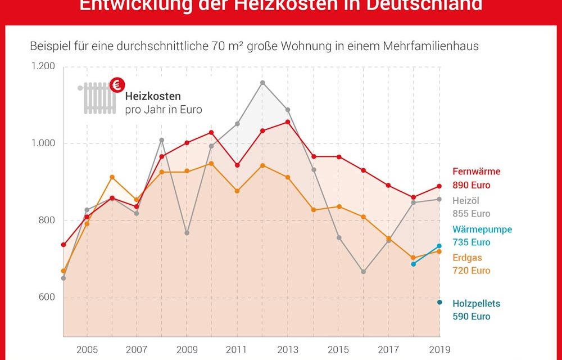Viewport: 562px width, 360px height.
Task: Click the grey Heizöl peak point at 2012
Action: pos(262,83)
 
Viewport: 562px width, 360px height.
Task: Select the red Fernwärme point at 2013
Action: pos(288,121)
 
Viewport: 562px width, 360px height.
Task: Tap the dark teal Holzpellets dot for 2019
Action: pos(439,303)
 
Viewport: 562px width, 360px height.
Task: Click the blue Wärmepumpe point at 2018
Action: pos(414,264)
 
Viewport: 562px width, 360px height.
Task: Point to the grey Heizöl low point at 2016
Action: pos(364,272)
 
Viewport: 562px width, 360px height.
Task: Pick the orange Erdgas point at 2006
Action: pos(112,177)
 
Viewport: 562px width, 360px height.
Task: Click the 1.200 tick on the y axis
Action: pos(43,66)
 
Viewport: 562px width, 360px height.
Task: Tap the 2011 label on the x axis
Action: pos(237,349)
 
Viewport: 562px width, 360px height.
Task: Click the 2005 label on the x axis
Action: pos(87,349)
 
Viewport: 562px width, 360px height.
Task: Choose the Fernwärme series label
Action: pos(477,172)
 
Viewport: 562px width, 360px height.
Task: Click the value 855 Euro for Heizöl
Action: pos(472,213)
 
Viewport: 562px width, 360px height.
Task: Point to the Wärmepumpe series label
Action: pos(482,229)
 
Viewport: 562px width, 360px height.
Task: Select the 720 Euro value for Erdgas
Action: pos(472,271)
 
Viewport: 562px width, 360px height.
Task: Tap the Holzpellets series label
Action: pos(477,304)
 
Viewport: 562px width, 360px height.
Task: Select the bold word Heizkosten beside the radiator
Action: pos(153,97)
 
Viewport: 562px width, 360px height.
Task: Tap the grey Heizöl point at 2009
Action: pos(187,233)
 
